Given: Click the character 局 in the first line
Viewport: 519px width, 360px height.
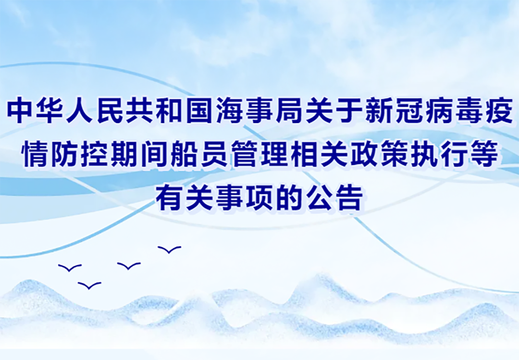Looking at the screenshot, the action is [290, 110].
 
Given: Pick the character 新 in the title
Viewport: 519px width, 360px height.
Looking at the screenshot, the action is [379, 110].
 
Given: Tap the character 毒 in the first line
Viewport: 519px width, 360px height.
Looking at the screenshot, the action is [470, 110].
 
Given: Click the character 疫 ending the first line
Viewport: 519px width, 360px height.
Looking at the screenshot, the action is [499, 110].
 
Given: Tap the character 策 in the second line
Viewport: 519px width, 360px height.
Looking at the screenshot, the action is [395, 154].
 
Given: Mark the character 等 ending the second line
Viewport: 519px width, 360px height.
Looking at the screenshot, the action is [484, 154].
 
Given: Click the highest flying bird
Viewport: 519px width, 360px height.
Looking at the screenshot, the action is [170, 250].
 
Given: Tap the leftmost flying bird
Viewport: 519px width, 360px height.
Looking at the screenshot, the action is [70, 268].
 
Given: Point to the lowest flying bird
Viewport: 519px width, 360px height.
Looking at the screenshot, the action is [89, 286].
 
